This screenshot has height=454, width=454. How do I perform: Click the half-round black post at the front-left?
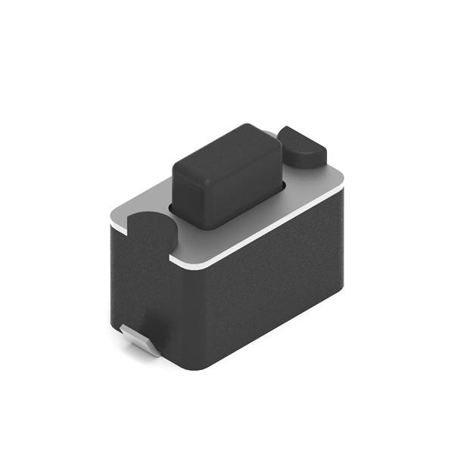[x=151, y=231]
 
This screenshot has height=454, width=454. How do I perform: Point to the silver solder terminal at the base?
[x=141, y=340]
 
